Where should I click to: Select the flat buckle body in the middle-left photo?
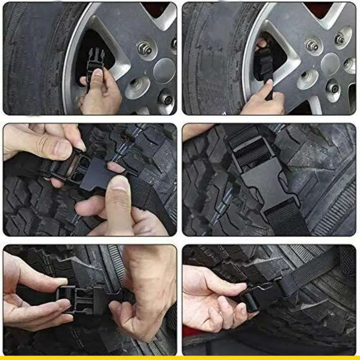coord(97,173)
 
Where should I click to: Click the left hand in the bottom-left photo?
coord(34,297)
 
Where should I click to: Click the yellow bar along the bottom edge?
coord(180,358)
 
